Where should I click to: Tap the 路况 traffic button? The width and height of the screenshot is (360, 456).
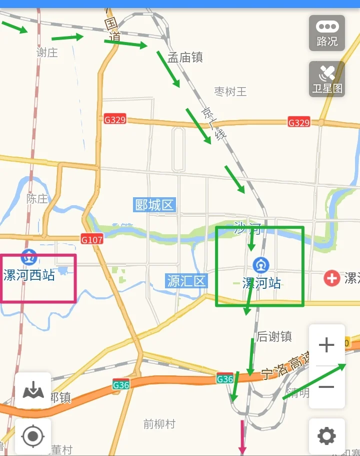(327, 33)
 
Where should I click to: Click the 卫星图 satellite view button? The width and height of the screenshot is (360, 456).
(327, 79)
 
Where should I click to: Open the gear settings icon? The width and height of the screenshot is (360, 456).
(327, 436)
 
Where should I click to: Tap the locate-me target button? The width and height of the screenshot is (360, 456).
(33, 436)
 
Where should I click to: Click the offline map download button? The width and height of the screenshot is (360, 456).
(33, 390)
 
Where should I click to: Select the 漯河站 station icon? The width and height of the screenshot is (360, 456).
(261, 265)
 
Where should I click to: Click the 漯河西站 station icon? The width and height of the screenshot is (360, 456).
(29, 257)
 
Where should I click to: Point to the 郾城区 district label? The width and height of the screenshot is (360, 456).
(155, 205)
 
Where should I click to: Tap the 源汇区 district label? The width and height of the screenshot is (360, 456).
(186, 281)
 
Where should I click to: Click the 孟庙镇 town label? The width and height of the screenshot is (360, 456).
(185, 58)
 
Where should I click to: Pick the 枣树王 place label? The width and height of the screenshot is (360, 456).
(230, 92)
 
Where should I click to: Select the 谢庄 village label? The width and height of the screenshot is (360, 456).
(47, 52)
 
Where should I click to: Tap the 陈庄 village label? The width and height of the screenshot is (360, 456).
(37, 199)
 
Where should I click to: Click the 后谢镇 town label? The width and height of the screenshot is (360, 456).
(274, 337)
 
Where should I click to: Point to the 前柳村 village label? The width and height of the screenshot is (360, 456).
(159, 424)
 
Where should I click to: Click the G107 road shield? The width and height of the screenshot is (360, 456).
(92, 240)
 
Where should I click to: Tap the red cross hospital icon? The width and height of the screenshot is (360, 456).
(331, 278)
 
